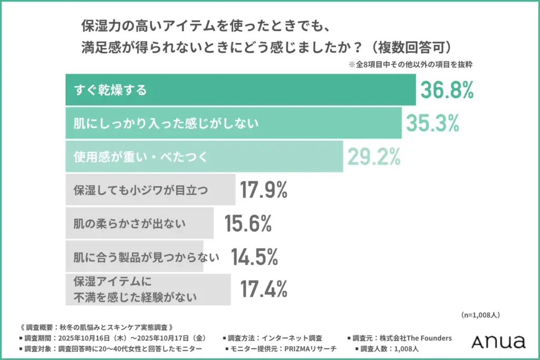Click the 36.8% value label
[447, 90]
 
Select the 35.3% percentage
[432, 123]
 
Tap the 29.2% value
[373, 156]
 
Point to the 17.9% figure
[264, 190]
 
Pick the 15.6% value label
[248, 223]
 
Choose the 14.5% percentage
[254, 257]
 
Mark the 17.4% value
[264, 289]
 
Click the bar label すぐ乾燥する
[110, 90]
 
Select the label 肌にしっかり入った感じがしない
[166, 123]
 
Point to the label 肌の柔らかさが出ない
[130, 224]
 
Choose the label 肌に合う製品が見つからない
[146, 257]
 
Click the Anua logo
[498, 342]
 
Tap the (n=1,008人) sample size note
[480, 315]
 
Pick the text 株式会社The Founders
[418, 338]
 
